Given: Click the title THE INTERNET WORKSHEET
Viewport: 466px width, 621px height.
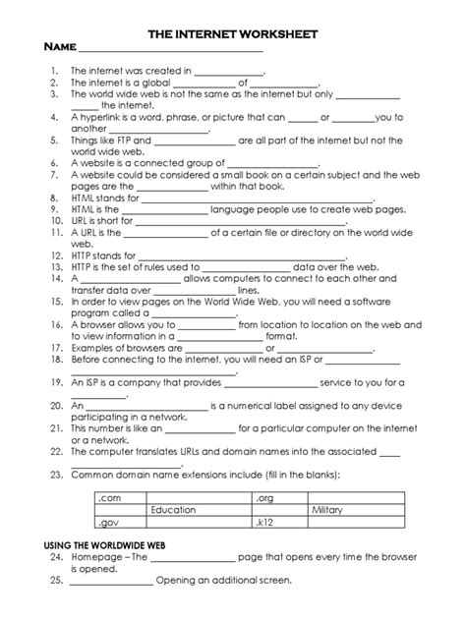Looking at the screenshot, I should (232, 33).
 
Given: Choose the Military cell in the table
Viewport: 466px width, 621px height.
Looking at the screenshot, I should (328, 510).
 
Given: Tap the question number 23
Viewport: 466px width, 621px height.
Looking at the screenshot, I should (55, 475).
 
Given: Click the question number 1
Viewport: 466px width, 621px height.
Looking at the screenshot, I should (57, 71).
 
